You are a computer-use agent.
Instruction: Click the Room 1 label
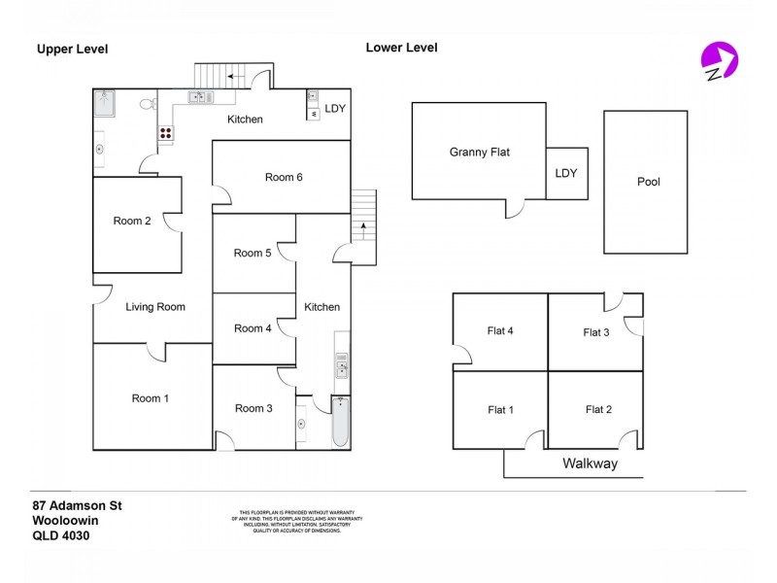[152, 398]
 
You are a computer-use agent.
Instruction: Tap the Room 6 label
[284, 177]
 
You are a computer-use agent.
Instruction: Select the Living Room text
[155, 307]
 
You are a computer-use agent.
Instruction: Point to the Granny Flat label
[479, 153]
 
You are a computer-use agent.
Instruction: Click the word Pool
[648, 182]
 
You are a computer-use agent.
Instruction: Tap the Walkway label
[590, 463]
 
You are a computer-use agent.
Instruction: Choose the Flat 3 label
[595, 332]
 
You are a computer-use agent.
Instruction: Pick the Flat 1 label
[500, 410]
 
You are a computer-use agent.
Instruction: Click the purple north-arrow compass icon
[719, 60]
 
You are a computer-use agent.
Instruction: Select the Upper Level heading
[72, 50]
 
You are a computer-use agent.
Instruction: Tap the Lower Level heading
[401, 48]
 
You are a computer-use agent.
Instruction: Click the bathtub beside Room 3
[340, 423]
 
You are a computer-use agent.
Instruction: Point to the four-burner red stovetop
[166, 134]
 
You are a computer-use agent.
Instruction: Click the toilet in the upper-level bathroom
[147, 103]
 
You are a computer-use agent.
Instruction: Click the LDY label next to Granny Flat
[565, 174]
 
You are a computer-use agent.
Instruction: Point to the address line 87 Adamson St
[77, 505]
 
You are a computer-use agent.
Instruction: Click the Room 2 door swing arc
[173, 223]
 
